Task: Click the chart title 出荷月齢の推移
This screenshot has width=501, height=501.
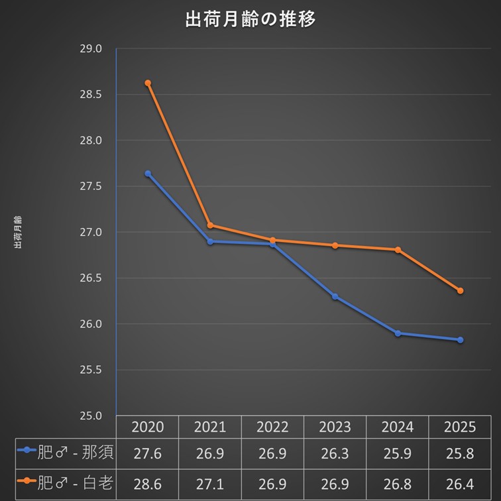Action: pyautogui.click(x=250, y=19)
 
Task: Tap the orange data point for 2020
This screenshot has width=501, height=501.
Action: pyautogui.click(x=148, y=83)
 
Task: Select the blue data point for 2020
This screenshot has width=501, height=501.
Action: pyautogui.click(x=148, y=174)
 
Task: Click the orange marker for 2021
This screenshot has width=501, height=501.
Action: pyautogui.click(x=210, y=225)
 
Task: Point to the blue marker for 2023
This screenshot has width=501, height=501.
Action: pyautogui.click(x=335, y=296)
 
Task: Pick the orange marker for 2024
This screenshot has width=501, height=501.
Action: pyautogui.click(x=398, y=250)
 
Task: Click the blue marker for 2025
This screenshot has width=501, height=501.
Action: pyautogui.click(x=460, y=340)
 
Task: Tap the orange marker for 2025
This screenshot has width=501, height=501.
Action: pyautogui.click(x=460, y=290)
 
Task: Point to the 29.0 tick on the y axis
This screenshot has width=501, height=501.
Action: pyautogui.click(x=91, y=49)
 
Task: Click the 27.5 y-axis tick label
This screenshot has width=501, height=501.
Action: pyautogui.click(x=91, y=187)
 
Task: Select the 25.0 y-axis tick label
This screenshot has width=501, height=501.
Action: pyautogui.click(x=91, y=416)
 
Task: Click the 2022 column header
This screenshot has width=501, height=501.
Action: pyautogui.click(x=272, y=427)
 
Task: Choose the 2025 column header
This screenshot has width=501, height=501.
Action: pyautogui.click(x=460, y=427)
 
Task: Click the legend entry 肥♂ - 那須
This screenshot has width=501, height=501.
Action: pyautogui.click(x=66, y=453)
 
